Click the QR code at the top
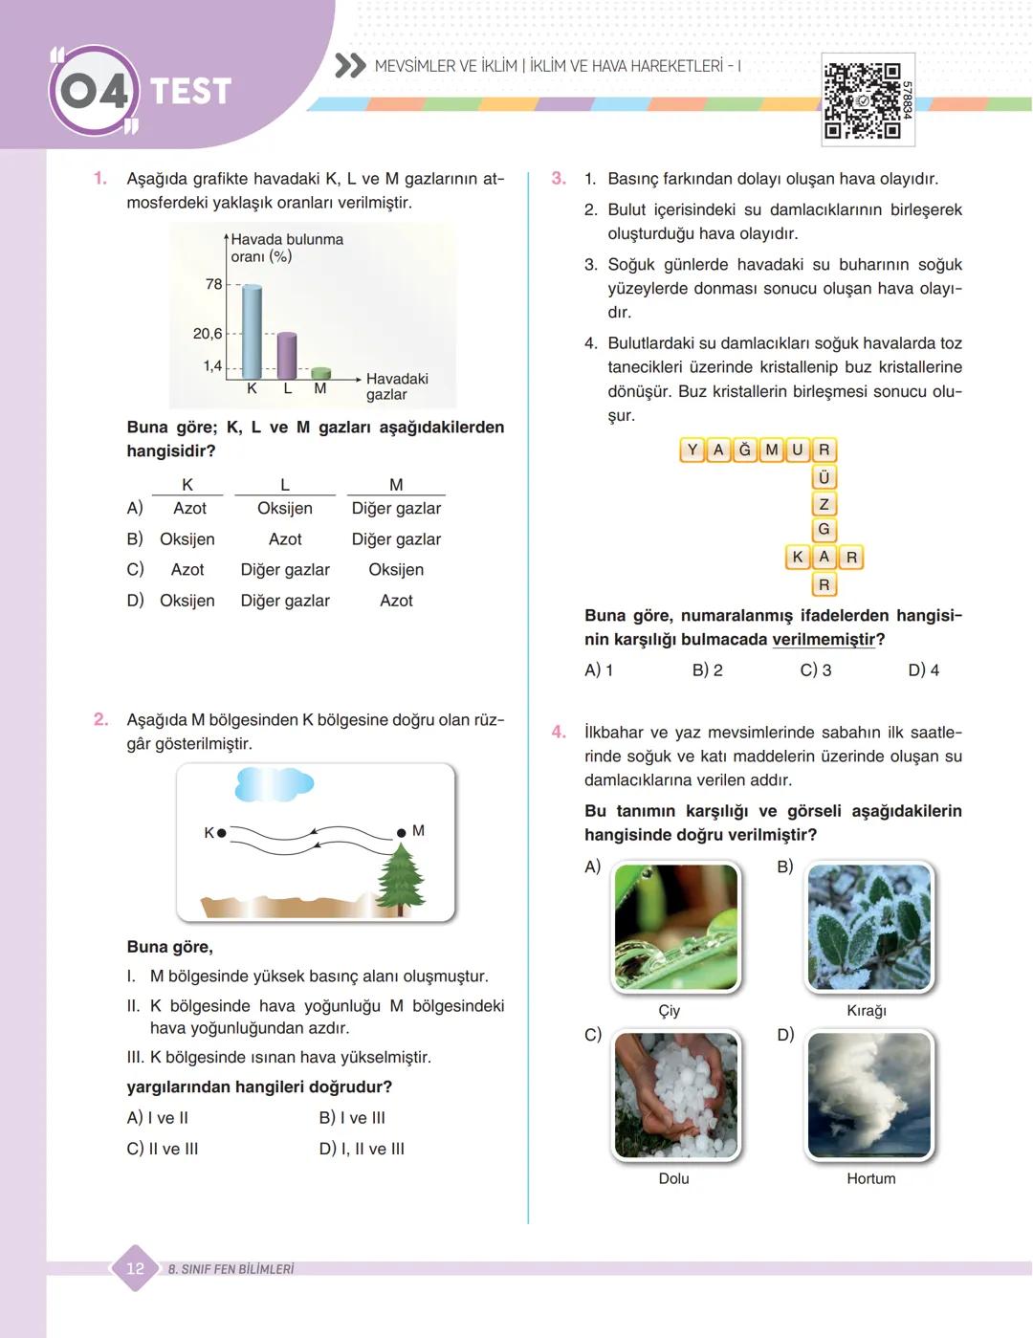coord(863,100)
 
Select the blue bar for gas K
coord(252,330)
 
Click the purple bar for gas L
coord(286,355)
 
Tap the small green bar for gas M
coord(321,373)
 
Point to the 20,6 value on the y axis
coord(208,334)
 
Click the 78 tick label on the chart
coord(213,284)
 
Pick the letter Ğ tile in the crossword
coord(745,450)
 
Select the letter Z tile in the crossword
coord(824,503)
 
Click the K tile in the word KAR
coord(798,557)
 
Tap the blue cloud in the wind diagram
coord(274,785)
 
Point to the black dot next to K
coord(222,833)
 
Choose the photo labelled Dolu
coord(676,1096)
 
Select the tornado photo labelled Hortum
coord(869,1096)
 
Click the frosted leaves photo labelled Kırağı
coord(869,927)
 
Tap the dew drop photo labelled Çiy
coord(676,927)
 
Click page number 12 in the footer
coord(135,1268)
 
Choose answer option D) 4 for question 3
coord(923,670)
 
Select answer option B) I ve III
coord(352,1118)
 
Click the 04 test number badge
coord(94,92)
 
